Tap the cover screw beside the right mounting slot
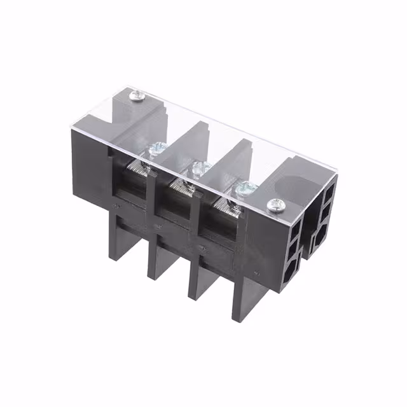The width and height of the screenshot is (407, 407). (275, 205)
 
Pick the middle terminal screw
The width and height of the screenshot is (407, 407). (201, 169)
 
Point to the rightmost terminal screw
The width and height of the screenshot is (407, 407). (245, 189)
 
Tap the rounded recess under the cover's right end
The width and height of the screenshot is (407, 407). (296, 184)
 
